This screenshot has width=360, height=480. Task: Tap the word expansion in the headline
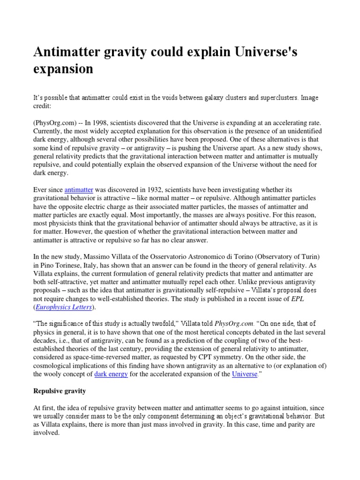(x=63, y=69)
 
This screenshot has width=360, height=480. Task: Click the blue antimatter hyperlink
(x=79, y=189)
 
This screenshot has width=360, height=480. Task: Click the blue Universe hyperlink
(x=245, y=374)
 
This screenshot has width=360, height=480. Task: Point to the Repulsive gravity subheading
(x=61, y=390)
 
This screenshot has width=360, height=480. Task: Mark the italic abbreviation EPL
(x=297, y=299)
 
